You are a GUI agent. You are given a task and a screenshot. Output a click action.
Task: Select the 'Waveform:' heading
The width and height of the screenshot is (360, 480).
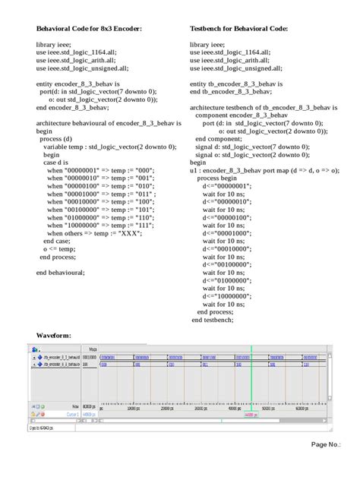click(x=54, y=334)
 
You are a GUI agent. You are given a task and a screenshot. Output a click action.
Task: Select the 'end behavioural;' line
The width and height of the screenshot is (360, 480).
click(x=61, y=272)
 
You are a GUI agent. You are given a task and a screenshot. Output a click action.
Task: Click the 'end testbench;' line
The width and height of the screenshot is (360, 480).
click(x=213, y=320)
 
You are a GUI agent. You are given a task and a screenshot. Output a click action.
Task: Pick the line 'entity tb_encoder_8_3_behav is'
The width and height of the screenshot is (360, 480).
click(x=237, y=83)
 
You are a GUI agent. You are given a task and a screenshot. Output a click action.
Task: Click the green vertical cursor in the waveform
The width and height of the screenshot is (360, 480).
click(x=251, y=380)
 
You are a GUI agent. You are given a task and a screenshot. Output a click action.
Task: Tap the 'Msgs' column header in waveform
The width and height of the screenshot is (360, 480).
click(x=92, y=349)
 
